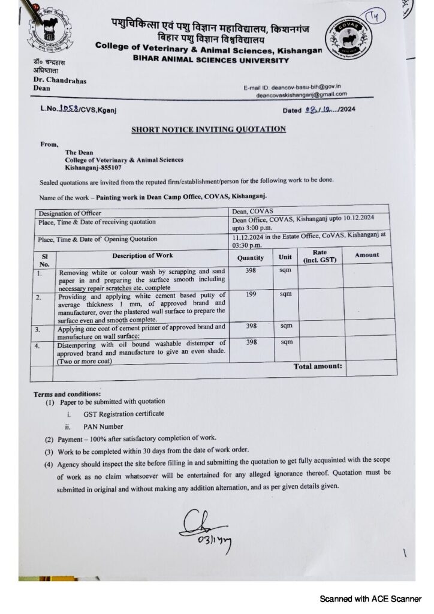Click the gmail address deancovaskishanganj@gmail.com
[302, 95]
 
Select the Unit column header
[285, 257]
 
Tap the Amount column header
[367, 255]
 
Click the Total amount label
[317, 365]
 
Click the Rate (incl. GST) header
[320, 256]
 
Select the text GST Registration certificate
[123, 414]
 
